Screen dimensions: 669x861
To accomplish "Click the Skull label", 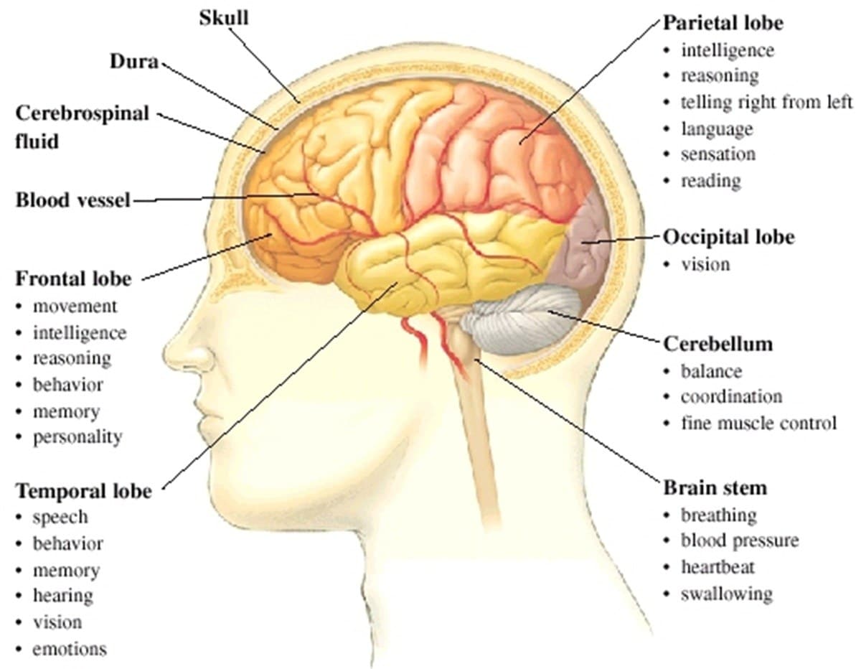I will (223, 17).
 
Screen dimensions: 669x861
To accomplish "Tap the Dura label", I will (133, 62).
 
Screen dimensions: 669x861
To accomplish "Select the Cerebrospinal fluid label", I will (82, 126).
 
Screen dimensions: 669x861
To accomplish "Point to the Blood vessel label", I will (72, 200).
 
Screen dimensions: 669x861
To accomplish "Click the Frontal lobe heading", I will (73, 278).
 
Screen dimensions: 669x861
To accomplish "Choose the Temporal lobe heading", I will (84, 491).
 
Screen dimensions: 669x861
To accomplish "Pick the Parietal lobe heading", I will (723, 22).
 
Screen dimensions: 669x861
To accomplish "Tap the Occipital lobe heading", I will (728, 237).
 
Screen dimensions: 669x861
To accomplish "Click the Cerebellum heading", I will (717, 344).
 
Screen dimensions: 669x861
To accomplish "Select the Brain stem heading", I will (715, 488).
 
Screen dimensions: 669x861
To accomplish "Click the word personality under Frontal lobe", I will (77, 436).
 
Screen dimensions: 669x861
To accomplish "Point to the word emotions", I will (69, 650).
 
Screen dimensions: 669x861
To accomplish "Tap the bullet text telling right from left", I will (766, 102).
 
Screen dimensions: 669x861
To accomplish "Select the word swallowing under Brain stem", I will (726, 594).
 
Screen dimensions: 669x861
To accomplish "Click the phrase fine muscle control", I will (758, 424).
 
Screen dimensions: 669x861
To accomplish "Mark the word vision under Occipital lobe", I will (705, 264).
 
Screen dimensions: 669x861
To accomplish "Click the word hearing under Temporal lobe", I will (62, 596).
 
